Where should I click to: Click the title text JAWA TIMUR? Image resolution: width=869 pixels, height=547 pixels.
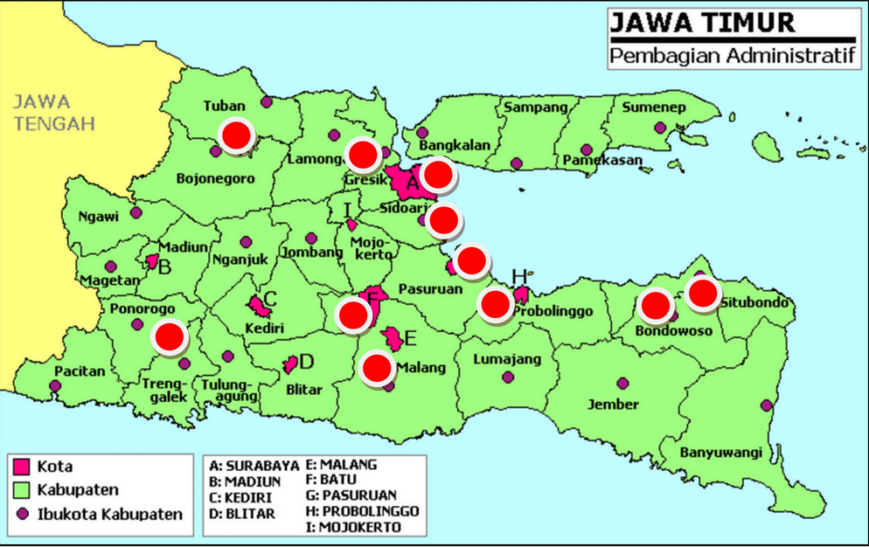click(702, 23)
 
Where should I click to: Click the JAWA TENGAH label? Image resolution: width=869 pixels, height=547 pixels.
click(53, 113)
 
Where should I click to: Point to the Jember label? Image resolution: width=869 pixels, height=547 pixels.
click(613, 404)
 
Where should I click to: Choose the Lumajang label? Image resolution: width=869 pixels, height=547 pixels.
click(507, 359)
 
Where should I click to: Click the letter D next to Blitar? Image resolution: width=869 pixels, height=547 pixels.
click(306, 362)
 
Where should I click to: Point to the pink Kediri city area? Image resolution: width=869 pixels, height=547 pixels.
click(258, 305)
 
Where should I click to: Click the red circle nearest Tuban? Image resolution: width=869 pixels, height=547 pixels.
click(236, 135)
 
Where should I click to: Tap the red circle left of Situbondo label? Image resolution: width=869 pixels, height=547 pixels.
click(702, 293)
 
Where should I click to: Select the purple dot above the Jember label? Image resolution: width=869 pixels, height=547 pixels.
click(622, 383)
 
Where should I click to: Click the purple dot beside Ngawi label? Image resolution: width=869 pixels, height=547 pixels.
click(136, 212)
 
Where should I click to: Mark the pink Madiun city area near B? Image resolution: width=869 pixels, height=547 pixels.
click(152, 260)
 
